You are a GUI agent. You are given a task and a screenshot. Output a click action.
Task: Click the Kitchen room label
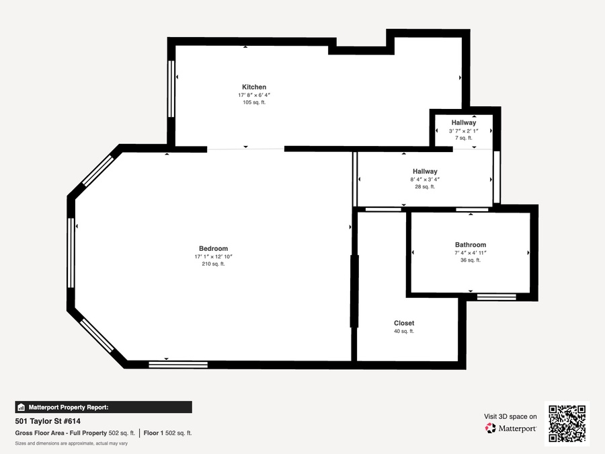(x=254, y=87)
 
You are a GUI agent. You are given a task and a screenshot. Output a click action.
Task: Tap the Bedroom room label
(x=213, y=248)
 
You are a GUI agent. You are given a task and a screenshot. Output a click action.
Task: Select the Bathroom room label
(x=471, y=244)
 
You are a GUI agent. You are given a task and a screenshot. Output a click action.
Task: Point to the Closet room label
(x=404, y=323)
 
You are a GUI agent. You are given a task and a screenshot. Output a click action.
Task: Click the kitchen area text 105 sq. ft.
(x=254, y=102)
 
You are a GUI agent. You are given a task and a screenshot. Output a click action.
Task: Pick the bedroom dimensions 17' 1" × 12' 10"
(x=213, y=256)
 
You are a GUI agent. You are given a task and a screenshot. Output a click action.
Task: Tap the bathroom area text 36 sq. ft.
(x=471, y=260)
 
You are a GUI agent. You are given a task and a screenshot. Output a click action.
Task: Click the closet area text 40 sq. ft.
(x=404, y=331)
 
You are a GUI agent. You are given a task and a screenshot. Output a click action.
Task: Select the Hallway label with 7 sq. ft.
(x=464, y=122)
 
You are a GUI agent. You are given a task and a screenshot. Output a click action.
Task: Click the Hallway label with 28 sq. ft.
(x=425, y=171)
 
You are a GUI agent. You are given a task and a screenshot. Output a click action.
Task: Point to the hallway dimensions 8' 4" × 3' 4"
(x=425, y=179)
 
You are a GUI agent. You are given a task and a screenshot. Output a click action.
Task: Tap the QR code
(x=567, y=424)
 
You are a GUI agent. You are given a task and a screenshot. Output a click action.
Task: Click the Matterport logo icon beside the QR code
(x=491, y=428)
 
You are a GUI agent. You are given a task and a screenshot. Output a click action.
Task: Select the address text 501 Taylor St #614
(x=48, y=421)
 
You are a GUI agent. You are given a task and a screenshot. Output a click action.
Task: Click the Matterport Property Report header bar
(x=104, y=408)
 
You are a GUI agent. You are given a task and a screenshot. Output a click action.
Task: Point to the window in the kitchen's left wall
(x=171, y=88)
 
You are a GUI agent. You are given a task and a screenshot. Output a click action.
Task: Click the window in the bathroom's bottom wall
(x=497, y=297)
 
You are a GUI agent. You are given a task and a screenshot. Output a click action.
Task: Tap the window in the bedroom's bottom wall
(x=178, y=365)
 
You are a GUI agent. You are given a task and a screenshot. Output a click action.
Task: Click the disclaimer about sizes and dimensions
(x=71, y=443)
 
